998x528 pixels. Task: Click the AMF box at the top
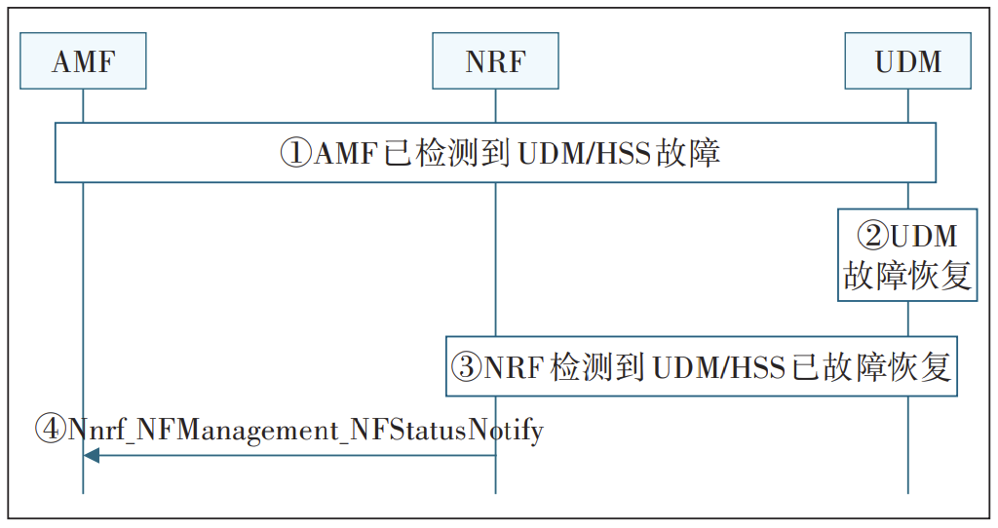pos(83,61)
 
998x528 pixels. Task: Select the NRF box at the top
pos(495,61)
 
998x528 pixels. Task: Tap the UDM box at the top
pos(908,61)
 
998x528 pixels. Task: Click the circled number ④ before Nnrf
pos(51,429)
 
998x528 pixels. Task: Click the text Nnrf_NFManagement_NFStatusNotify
pos(306,429)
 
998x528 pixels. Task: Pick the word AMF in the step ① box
pos(344,153)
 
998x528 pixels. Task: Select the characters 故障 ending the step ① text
pos(688,153)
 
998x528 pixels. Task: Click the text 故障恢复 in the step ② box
pos(907,276)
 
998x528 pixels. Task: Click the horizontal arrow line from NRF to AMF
pos(292,455)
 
